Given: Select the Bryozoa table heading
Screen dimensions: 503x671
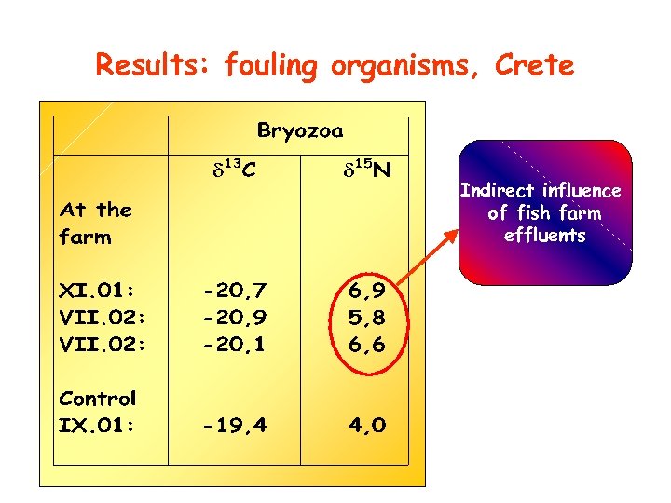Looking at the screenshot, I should pyautogui.click(x=300, y=130).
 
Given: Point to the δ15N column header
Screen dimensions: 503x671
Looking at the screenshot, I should pyautogui.click(x=366, y=170).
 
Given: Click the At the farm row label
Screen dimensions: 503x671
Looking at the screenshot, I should pyautogui.click(x=95, y=224).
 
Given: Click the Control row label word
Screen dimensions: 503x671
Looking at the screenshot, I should pyautogui.click(x=98, y=399).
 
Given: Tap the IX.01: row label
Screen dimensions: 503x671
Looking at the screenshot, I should pyautogui.click(x=97, y=426).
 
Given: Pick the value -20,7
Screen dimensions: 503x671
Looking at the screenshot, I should pyautogui.click(x=235, y=292).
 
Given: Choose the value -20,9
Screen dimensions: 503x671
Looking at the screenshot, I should pyautogui.click(x=235, y=318).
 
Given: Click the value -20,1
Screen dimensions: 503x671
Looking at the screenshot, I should pyautogui.click(x=235, y=344).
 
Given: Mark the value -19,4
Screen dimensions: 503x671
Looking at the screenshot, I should pyautogui.click(x=235, y=426).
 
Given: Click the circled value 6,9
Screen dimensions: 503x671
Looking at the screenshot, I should pyautogui.click(x=366, y=292).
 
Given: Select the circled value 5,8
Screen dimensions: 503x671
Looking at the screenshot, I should pyautogui.click(x=366, y=318).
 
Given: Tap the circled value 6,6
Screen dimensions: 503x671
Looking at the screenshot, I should pyautogui.click(x=366, y=344).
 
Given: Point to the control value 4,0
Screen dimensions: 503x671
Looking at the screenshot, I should pyautogui.click(x=366, y=426).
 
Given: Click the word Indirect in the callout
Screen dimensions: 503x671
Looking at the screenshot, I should pyautogui.click(x=498, y=191).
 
